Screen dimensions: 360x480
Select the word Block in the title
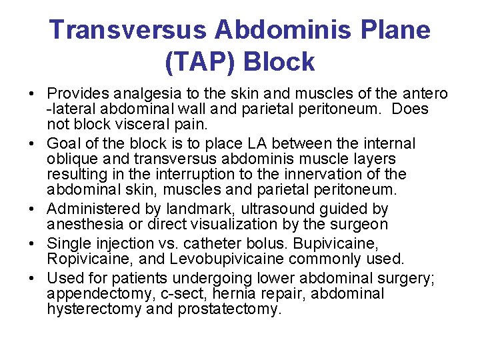tap(279, 62)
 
